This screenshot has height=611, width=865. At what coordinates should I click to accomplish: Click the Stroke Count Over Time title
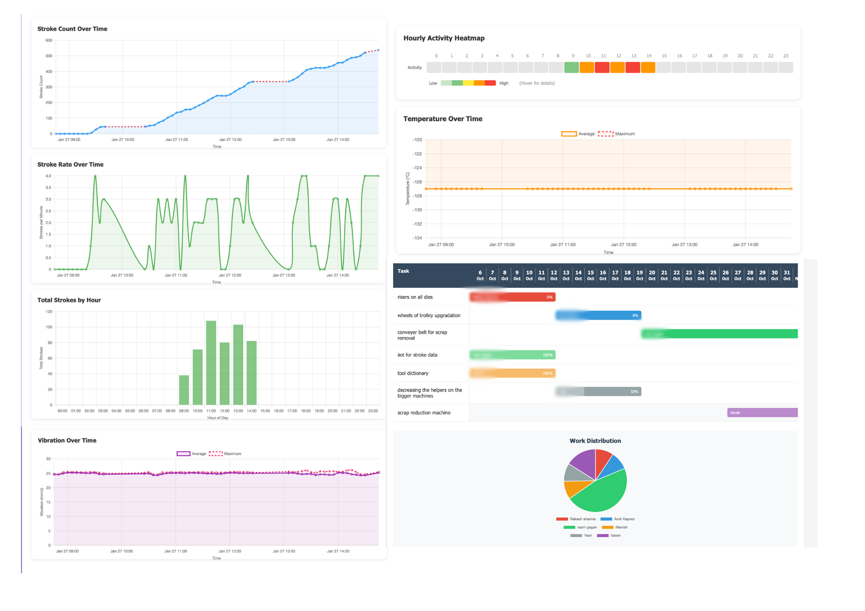pyautogui.click(x=72, y=29)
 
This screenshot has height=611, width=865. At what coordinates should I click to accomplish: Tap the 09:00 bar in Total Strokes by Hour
pyautogui.click(x=184, y=390)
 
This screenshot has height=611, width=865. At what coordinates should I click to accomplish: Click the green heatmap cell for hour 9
pyautogui.click(x=571, y=67)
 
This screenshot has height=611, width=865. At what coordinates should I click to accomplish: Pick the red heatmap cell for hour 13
pyautogui.click(x=632, y=67)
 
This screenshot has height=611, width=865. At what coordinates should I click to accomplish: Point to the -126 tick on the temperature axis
pyautogui.click(x=417, y=182)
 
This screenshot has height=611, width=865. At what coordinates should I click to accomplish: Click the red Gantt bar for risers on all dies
pyautogui.click(x=512, y=297)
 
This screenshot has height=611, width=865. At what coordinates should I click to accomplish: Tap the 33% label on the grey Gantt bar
pyautogui.click(x=634, y=392)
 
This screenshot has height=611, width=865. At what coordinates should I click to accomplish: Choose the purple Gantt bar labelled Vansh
pyautogui.click(x=762, y=413)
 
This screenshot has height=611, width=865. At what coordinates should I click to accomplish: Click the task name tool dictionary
pyautogui.click(x=413, y=373)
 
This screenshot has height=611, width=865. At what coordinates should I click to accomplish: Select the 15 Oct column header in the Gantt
pyautogui.click(x=590, y=275)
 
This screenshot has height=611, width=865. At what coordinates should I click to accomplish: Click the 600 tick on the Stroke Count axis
pyautogui.click(x=49, y=41)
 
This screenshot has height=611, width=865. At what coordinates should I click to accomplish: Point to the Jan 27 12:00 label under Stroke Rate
pyautogui.click(x=230, y=275)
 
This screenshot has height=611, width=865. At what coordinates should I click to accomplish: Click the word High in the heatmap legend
pyautogui.click(x=504, y=83)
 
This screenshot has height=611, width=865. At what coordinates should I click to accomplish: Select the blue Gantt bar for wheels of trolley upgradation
pyautogui.click(x=598, y=315)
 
